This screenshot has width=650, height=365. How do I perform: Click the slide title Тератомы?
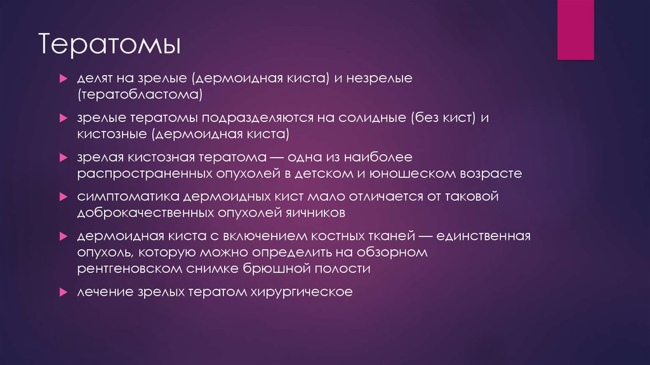pos(109,46)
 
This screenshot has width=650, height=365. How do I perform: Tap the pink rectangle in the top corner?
pos(575,29)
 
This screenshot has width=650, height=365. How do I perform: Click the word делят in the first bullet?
pos(94,79)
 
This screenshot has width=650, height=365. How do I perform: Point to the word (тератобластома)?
pos(140,95)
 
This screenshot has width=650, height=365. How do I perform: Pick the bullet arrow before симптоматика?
pos(63,196)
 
